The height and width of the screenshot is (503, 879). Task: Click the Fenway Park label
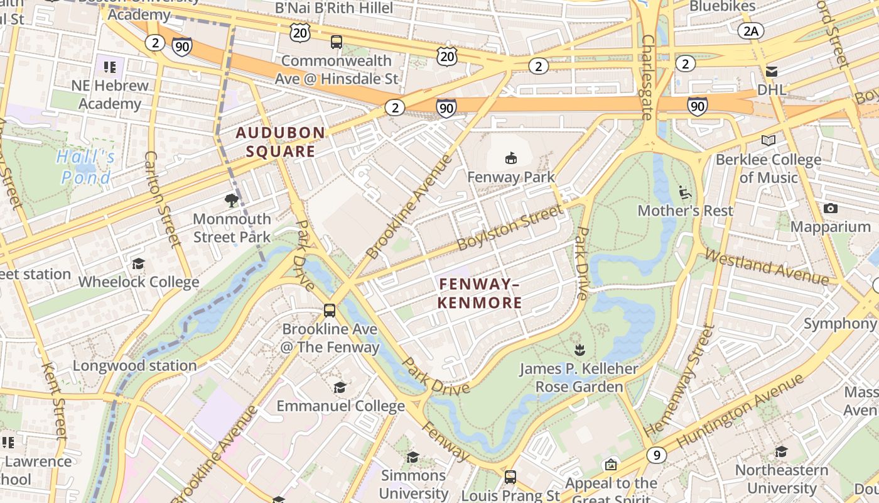click(x=511, y=177)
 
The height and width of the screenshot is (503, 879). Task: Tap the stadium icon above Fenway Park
click(x=511, y=158)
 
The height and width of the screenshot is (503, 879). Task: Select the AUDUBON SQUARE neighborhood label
click(x=280, y=142)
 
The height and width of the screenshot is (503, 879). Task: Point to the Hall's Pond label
click(x=86, y=167)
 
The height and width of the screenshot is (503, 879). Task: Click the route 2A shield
click(x=750, y=31)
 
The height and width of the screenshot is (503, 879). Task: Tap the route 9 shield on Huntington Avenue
click(x=656, y=455)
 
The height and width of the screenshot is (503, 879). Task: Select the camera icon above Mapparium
click(x=831, y=209)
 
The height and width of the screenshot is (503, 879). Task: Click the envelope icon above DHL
click(x=771, y=72)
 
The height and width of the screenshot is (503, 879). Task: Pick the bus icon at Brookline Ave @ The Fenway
click(x=330, y=311)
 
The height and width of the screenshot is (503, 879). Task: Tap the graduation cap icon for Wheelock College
click(x=138, y=263)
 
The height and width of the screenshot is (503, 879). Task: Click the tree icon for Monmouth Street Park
click(x=232, y=201)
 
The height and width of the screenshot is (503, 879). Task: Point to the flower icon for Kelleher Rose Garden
click(x=579, y=350)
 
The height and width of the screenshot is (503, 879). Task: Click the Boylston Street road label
click(x=510, y=228)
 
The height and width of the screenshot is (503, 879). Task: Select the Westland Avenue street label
click(x=767, y=267)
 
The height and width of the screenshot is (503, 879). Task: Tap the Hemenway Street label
click(x=681, y=380)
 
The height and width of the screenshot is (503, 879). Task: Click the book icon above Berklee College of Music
click(x=768, y=141)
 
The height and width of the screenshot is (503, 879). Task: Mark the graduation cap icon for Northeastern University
click(x=781, y=451)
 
